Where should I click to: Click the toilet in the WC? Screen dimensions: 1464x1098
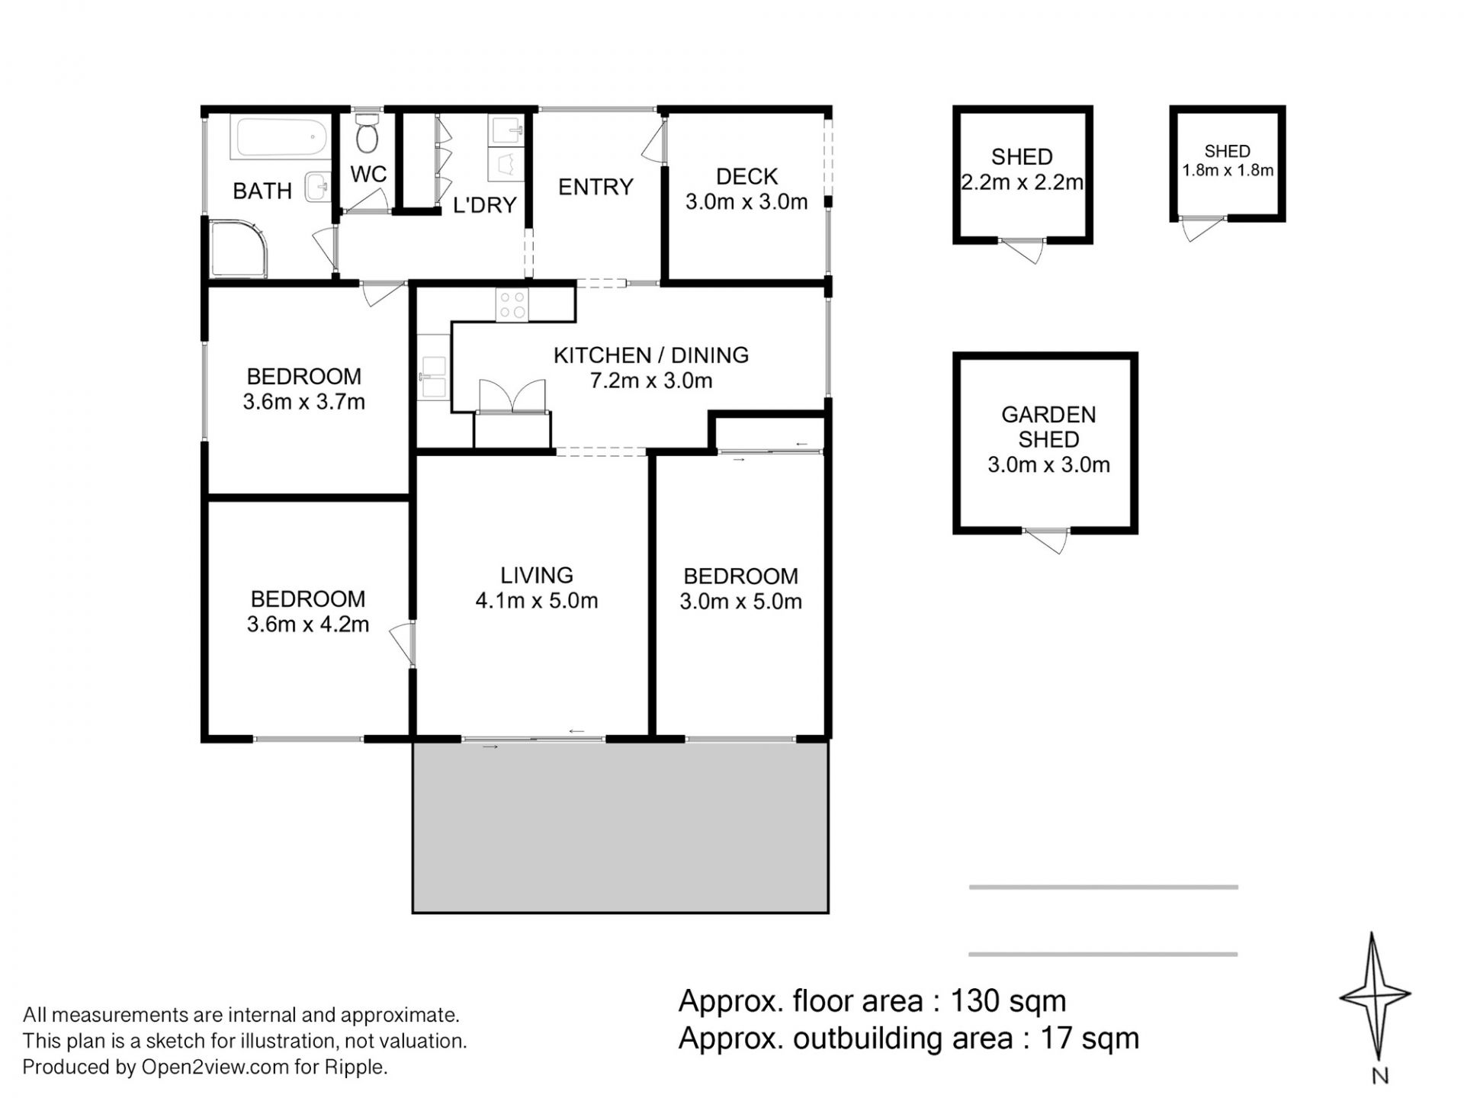pyautogui.click(x=367, y=133)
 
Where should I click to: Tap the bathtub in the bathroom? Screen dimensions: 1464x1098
pyautogui.click(x=281, y=138)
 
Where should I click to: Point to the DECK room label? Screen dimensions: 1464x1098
pyautogui.click(x=746, y=177)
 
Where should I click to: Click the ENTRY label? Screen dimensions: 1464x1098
pyautogui.click(x=596, y=187)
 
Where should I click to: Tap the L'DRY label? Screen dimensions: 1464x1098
pyautogui.click(x=485, y=205)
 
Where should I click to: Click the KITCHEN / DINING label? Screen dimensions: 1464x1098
pyautogui.click(x=651, y=355)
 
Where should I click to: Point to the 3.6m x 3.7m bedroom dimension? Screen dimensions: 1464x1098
pyautogui.click(x=304, y=402)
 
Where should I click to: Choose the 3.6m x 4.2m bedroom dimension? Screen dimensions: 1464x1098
pyautogui.click(x=308, y=624)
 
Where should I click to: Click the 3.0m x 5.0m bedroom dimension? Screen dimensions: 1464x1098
pyautogui.click(x=740, y=602)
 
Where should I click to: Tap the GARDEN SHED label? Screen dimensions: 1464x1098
pyautogui.click(x=1048, y=427)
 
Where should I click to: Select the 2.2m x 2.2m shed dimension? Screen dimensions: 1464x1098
pyautogui.click(x=1022, y=182)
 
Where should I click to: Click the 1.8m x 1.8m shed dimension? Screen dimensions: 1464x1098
pyautogui.click(x=1228, y=170)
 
